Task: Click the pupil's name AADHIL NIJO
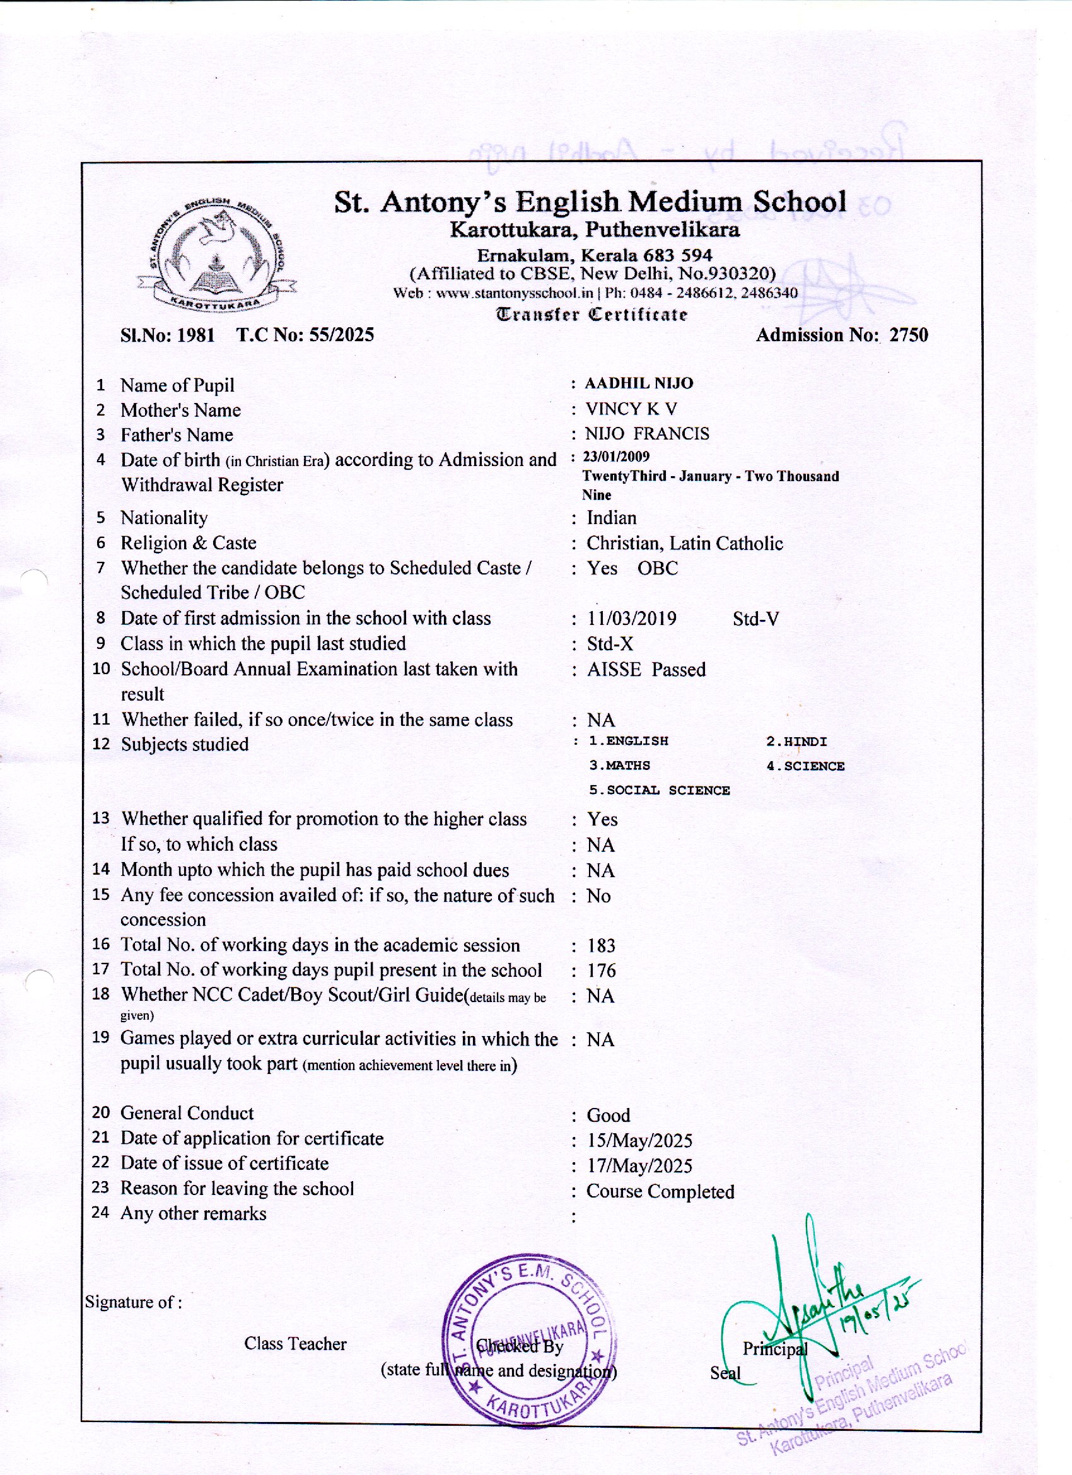point(638,383)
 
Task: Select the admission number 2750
point(909,335)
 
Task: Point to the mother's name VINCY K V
point(631,409)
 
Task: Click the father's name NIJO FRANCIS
point(647,434)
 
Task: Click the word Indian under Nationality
point(612,518)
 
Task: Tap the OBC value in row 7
point(658,568)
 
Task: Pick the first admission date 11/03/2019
point(632,619)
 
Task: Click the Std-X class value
point(610,644)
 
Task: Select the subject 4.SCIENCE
point(805,766)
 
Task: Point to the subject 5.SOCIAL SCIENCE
point(660,791)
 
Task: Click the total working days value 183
point(601,946)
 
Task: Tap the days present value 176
point(601,971)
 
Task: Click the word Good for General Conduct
point(609,1116)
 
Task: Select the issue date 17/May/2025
point(639,1165)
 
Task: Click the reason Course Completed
point(660,1191)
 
